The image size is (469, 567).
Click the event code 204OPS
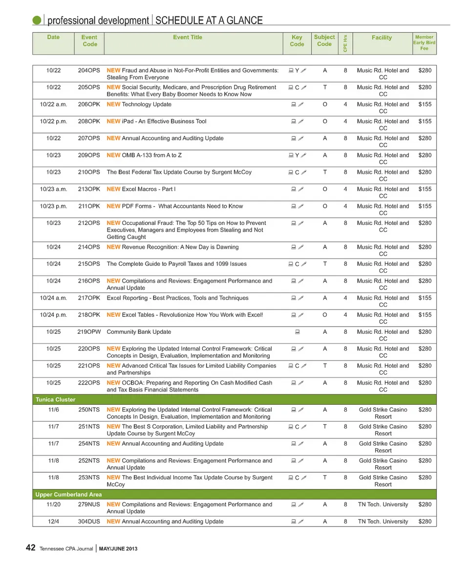[89, 70]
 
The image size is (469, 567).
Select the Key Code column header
[297, 41]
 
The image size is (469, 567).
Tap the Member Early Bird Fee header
[424, 43]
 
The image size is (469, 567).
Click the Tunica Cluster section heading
[56, 399]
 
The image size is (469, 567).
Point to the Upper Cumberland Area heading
[68, 495]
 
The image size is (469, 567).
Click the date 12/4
[54, 522]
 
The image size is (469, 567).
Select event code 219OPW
[89, 332]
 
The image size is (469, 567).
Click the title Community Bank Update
[139, 332]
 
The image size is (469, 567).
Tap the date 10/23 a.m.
[54, 189]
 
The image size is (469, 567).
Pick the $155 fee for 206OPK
[425, 104]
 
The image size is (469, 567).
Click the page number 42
[30, 548]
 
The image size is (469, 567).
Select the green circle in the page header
[37, 20]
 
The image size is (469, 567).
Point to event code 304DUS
[89, 522]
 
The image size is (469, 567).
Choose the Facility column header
[382, 37]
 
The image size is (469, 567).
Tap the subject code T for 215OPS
[325, 264]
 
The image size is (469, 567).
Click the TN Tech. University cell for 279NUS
[383, 504]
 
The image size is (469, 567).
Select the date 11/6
[54, 410]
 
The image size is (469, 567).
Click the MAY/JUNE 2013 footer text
[118, 549]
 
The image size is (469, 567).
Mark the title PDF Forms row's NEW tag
[113, 206]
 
